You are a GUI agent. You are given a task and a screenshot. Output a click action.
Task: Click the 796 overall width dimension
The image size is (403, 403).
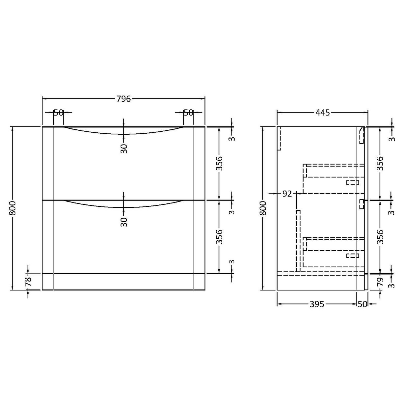pyautogui.click(x=123, y=98)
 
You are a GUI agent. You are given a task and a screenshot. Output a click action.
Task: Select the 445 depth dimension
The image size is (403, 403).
pyautogui.click(x=322, y=113)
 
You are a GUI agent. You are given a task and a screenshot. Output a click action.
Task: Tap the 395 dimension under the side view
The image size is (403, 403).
pyautogui.click(x=316, y=304)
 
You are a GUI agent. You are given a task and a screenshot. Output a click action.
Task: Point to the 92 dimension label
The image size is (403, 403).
pyautogui.click(x=287, y=194)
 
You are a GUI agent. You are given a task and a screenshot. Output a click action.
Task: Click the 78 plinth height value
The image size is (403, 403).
pyautogui.click(x=28, y=282)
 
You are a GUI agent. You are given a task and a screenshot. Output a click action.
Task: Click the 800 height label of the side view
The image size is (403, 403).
pyautogui.click(x=263, y=208)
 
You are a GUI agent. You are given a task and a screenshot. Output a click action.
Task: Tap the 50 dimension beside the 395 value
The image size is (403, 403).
pyautogui.click(x=362, y=304)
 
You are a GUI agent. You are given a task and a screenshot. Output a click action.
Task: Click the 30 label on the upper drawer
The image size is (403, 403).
pyautogui.click(x=124, y=148)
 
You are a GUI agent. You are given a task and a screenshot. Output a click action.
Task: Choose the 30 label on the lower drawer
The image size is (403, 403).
pyautogui.click(x=124, y=222)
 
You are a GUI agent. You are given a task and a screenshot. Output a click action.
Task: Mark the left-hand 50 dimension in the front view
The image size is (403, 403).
pyautogui.click(x=58, y=113)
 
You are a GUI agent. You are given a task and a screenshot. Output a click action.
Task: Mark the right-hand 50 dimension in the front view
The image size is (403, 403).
pyautogui.click(x=188, y=113)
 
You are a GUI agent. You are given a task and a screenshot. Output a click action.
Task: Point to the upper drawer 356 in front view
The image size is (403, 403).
pyautogui.click(x=219, y=163)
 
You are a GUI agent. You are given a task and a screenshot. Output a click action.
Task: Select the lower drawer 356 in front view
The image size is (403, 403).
pyautogui.click(x=219, y=237)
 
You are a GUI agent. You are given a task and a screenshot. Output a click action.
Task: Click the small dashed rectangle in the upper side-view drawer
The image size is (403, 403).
pyautogui.click(x=353, y=182)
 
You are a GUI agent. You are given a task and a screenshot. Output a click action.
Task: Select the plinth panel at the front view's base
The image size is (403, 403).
pyautogui.click(x=123, y=282)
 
